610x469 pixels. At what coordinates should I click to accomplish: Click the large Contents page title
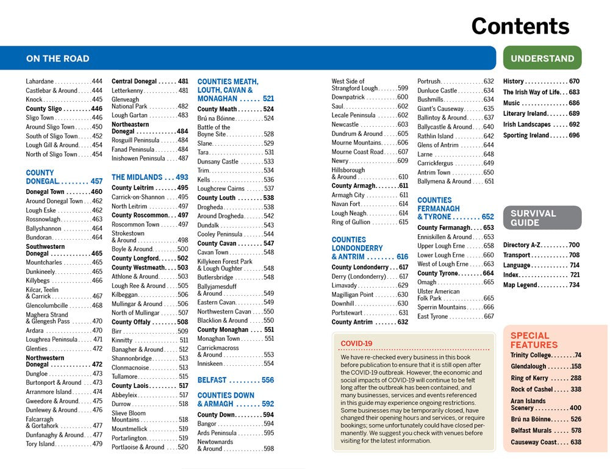pyautogui.click(x=520, y=26)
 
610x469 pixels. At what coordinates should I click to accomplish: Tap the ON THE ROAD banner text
pyautogui.click(x=57, y=59)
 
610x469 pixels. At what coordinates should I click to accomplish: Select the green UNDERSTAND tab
pyautogui.click(x=542, y=59)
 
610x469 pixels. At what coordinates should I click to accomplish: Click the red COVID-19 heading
pyautogui.click(x=356, y=343)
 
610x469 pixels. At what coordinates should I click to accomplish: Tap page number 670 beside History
pyautogui.click(x=573, y=81)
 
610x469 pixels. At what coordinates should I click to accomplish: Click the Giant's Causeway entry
pyautogui.click(x=441, y=109)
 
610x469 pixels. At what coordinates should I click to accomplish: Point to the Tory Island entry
pyautogui.click(x=40, y=444)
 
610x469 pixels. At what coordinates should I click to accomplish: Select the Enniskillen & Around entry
pyautogui.click(x=445, y=237)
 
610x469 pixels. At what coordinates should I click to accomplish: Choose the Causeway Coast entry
pyautogui.click(x=534, y=442)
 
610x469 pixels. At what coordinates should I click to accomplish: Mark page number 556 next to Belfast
pyautogui.click(x=267, y=379)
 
